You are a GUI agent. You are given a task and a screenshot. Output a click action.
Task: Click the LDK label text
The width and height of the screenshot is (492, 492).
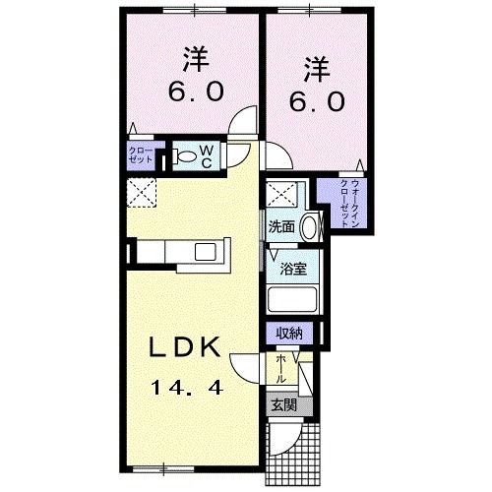click(x=192, y=347)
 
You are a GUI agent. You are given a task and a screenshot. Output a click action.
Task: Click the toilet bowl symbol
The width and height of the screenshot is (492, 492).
click(x=185, y=154)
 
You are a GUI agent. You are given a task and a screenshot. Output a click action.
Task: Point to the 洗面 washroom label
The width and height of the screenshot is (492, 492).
click(x=281, y=226)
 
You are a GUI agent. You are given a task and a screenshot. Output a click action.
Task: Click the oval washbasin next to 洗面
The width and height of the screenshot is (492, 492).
click(x=310, y=225)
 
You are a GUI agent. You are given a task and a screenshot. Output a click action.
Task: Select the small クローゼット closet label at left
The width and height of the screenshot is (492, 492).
click(x=138, y=154)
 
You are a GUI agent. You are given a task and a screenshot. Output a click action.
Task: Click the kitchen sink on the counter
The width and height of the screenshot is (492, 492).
click(x=208, y=252)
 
